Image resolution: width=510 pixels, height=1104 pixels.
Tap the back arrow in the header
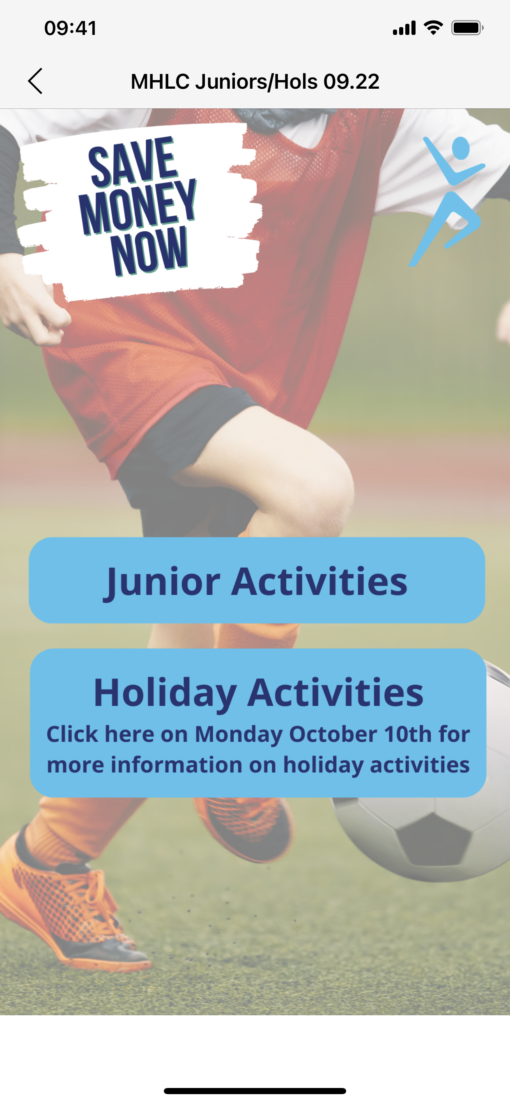tap(35, 81)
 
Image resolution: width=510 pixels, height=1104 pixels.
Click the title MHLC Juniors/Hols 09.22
tap(255, 81)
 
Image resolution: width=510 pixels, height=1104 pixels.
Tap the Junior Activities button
tap(257, 580)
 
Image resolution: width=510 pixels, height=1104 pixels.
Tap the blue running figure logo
tap(447, 201)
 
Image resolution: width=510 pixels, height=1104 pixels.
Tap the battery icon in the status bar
tap(468, 28)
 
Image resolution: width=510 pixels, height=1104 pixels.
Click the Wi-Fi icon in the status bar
tap(433, 28)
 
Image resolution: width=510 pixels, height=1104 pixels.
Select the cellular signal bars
tap(404, 28)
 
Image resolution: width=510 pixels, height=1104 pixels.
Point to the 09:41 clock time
tap(70, 28)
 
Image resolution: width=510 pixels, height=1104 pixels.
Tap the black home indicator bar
tap(255, 1091)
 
